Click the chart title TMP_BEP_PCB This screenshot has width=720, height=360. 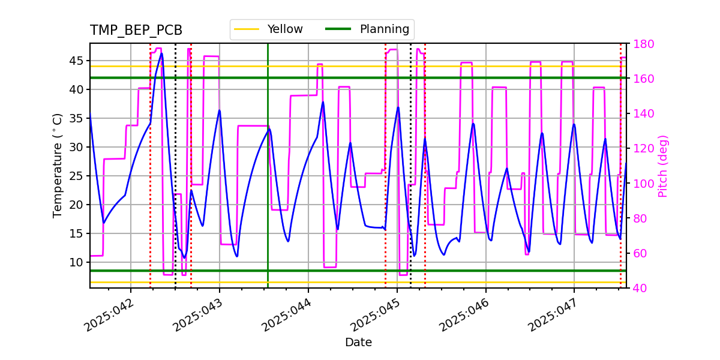coord(136,31)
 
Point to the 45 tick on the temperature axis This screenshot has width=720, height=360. coord(76,61)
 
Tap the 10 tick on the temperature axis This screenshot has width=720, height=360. coord(76,262)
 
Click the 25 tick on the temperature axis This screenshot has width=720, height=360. coord(76,176)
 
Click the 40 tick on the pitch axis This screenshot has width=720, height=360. coord(638,288)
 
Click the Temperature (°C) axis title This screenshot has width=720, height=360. coord(58,165)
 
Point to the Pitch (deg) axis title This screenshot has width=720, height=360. coord(663,166)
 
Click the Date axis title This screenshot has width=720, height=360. coord(358,343)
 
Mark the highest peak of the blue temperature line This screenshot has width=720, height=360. coord(161,53)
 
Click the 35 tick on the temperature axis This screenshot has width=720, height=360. coord(76,118)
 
